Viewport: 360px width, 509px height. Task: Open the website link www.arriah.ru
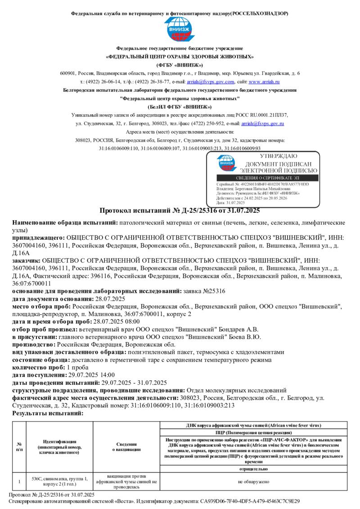coord(264,82)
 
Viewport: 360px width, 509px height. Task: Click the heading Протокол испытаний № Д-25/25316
coord(180,210)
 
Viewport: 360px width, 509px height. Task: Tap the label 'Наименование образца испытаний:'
coord(65,223)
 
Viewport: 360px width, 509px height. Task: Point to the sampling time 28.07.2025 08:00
coord(116,321)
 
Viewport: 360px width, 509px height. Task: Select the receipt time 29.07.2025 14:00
coord(90,375)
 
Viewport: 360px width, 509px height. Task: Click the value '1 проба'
coord(78,367)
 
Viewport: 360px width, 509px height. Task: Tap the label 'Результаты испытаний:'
coord(48,413)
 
